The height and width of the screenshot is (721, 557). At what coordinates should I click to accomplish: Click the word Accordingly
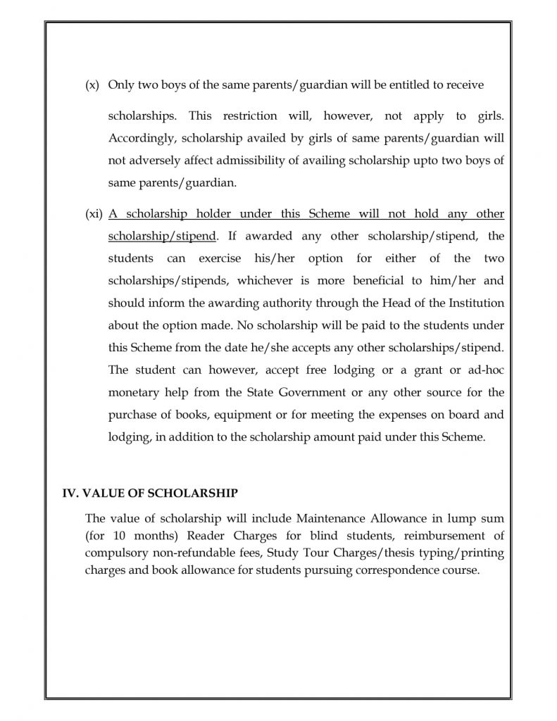pyautogui.click(x=139, y=137)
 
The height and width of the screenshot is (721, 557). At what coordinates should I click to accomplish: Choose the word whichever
pyautogui.click(x=265, y=280)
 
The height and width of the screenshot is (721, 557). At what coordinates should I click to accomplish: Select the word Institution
pyautogui.click(x=472, y=303)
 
